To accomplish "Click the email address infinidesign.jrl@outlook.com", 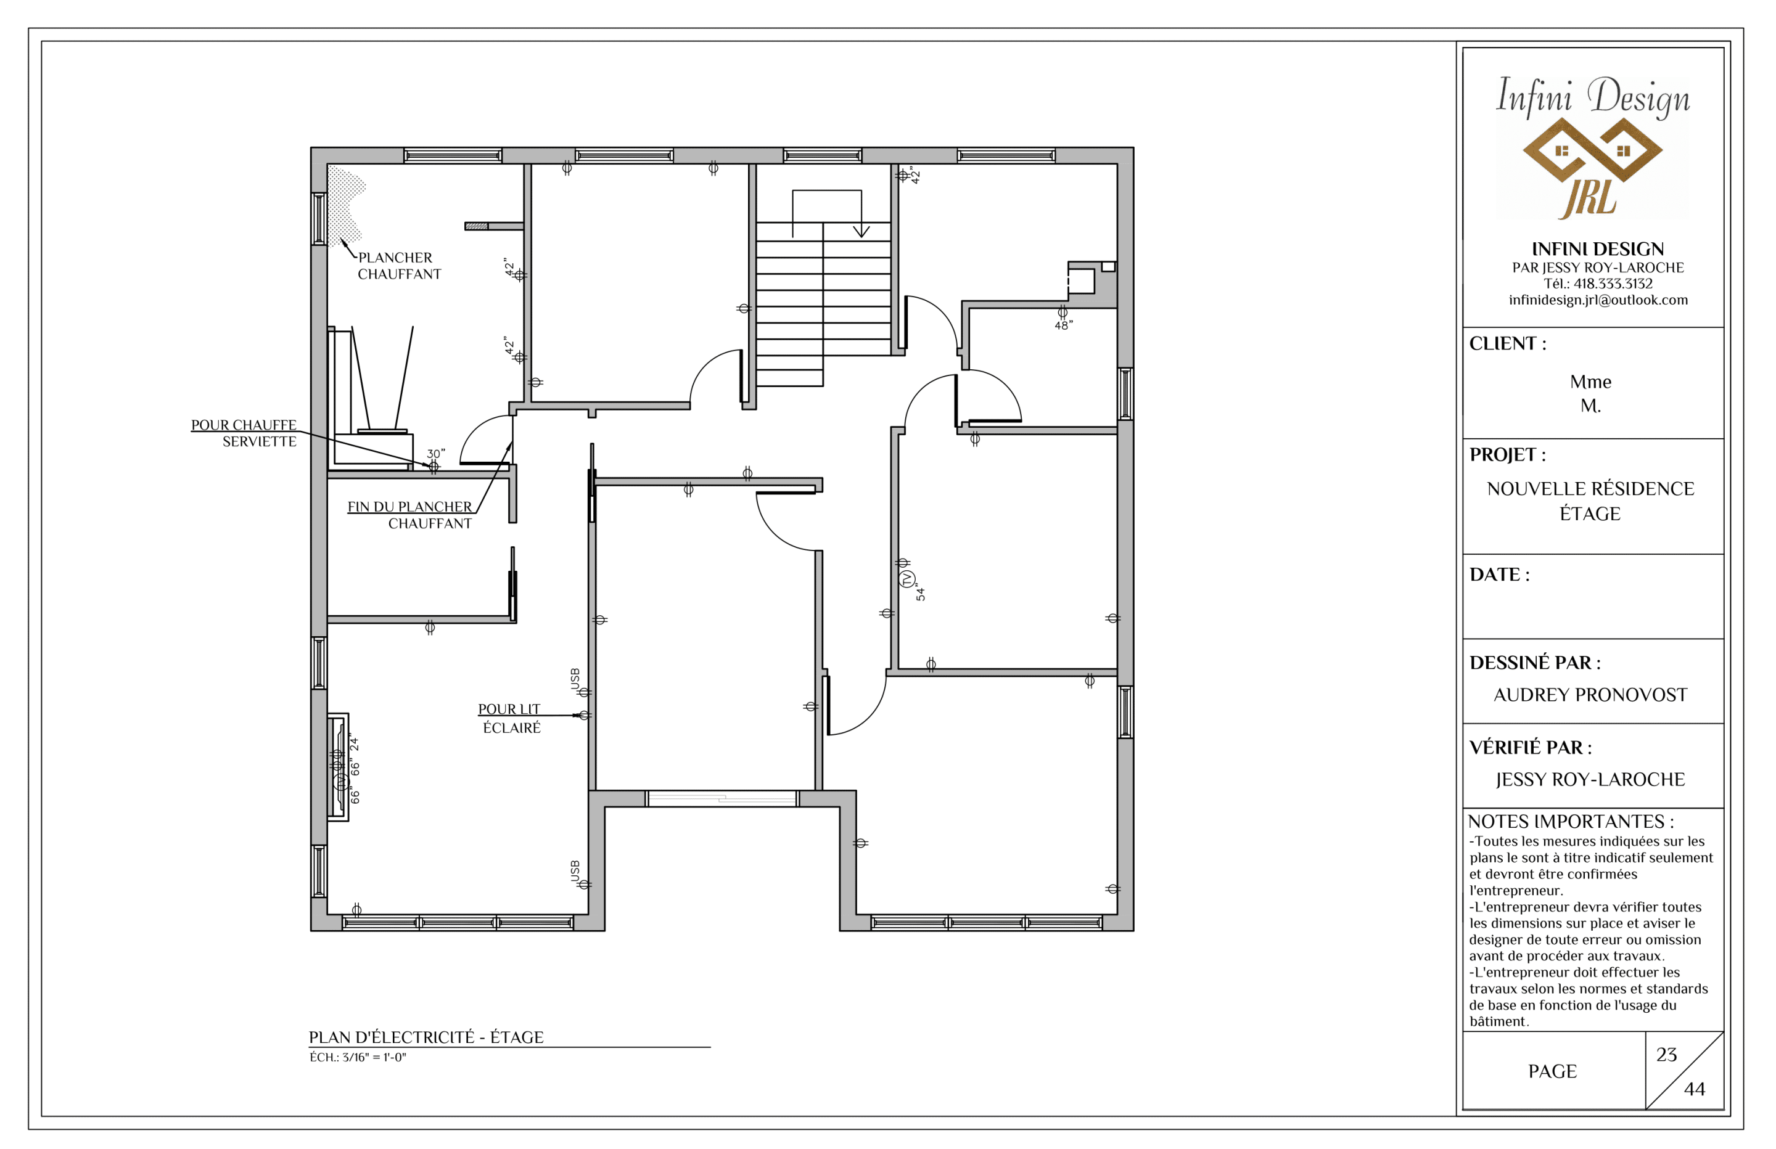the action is click(1598, 300).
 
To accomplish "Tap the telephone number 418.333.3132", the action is click(1613, 284).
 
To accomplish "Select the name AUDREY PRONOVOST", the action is click(1590, 695).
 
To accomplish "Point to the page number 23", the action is click(1666, 1054).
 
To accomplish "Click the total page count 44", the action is click(1695, 1089).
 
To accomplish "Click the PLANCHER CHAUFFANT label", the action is click(399, 266).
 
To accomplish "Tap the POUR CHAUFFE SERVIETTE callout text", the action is click(244, 433).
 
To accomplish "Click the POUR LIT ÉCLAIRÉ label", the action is click(511, 718).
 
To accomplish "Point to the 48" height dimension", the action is click(1063, 325).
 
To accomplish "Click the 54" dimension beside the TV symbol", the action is click(921, 593).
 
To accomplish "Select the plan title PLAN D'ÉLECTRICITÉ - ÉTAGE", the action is click(426, 1037).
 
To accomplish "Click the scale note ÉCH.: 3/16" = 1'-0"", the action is click(358, 1057).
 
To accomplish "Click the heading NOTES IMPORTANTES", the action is click(1570, 822).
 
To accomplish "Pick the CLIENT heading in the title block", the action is click(1507, 343).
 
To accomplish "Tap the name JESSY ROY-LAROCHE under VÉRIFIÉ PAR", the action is click(1590, 780).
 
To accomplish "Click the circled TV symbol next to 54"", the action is click(907, 579).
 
